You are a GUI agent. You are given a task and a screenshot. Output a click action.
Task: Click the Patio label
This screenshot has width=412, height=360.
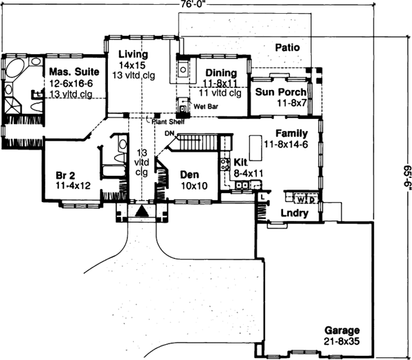(289, 47)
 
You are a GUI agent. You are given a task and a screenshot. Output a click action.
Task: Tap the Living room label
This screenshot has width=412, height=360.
(130, 54)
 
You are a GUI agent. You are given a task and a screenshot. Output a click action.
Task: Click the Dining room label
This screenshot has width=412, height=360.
(220, 73)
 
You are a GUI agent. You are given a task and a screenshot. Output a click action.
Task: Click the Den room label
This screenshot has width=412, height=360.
(189, 175)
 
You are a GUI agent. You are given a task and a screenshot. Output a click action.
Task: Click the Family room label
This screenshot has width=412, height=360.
(291, 133)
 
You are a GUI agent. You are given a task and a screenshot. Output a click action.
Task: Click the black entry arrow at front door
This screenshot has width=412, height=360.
(142, 211)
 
